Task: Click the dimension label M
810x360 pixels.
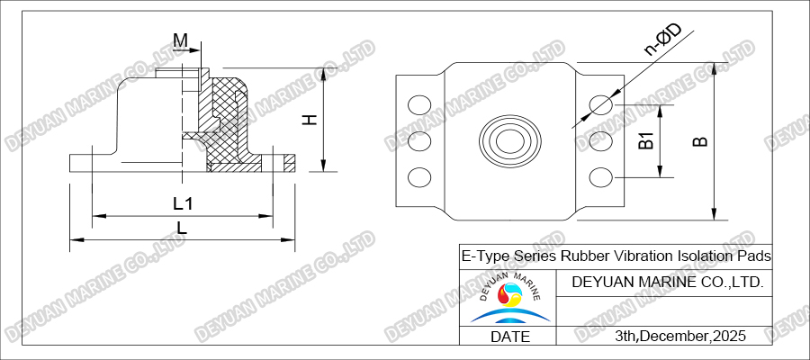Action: coord(181,40)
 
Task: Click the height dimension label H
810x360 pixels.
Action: coord(309,120)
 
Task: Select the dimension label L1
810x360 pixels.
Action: coord(183,203)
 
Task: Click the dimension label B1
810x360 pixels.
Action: coord(645,141)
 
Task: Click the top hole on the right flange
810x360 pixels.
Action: coord(600,106)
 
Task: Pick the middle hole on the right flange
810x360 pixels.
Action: coord(600,141)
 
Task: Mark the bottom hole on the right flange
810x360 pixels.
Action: coord(600,176)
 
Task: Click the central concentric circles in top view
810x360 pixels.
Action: coord(509,141)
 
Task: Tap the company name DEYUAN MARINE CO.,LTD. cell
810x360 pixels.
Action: coord(668,282)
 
